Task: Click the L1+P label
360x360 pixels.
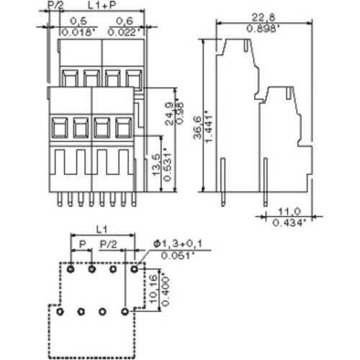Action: [99, 6]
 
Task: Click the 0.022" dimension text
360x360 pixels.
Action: [124, 32]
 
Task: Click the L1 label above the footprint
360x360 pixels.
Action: [102, 227]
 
